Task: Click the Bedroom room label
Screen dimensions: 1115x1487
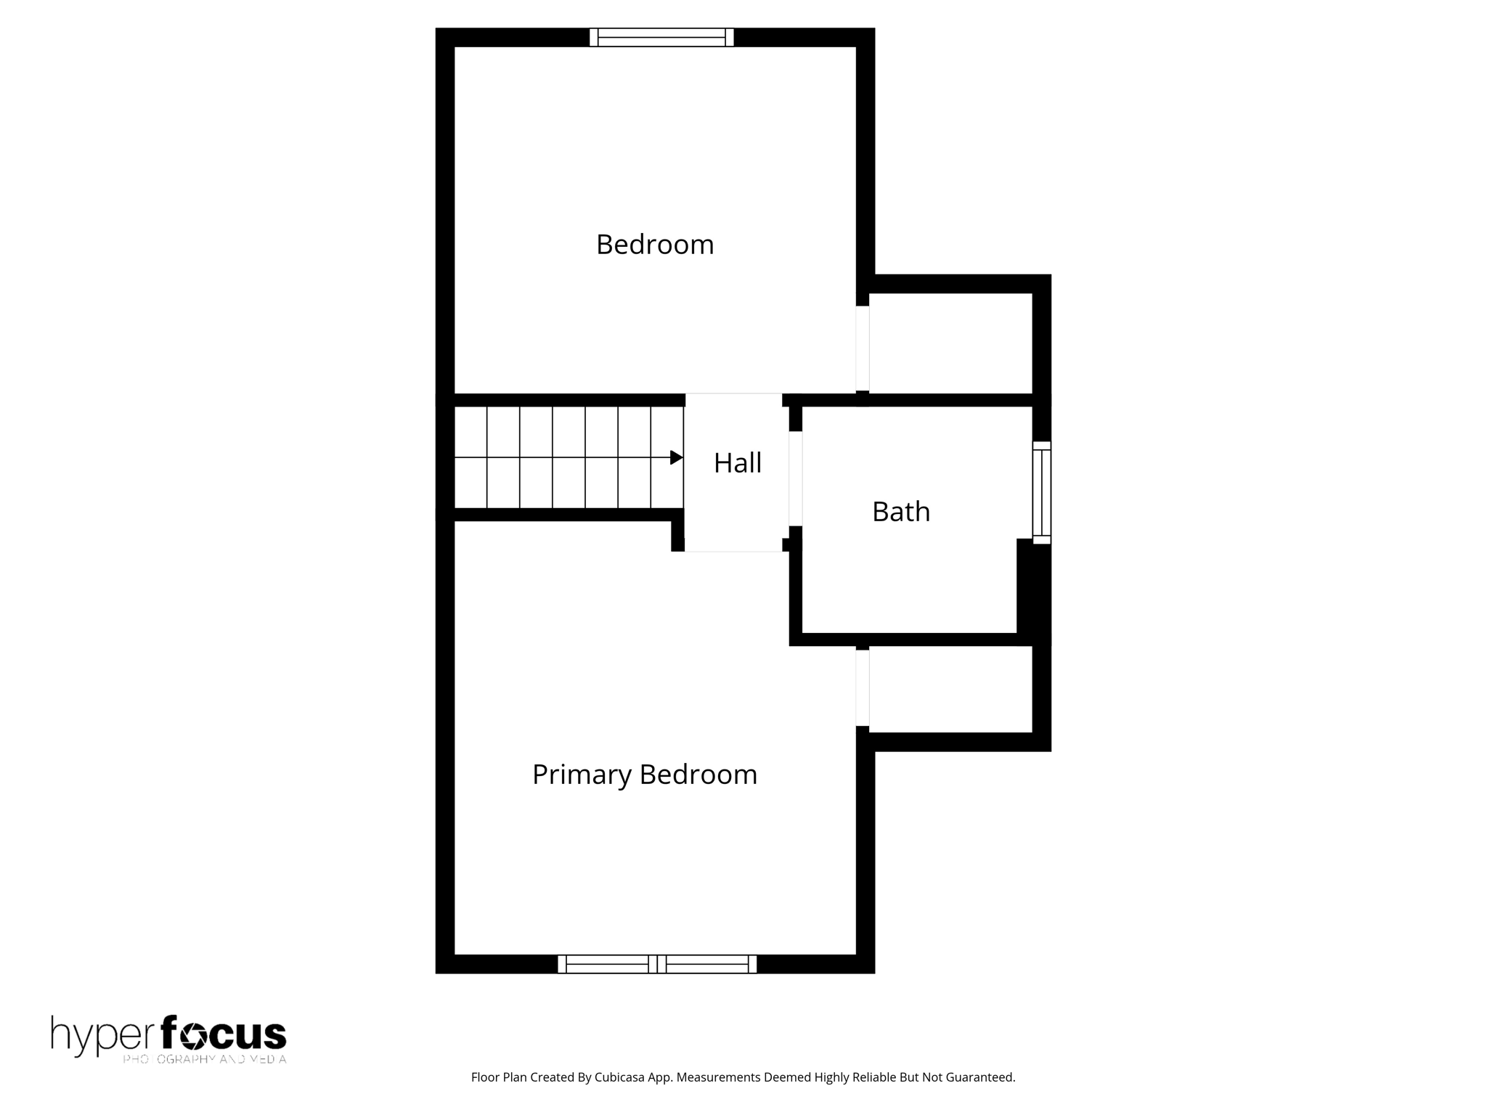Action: [x=655, y=245]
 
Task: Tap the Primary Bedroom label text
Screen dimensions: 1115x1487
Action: [x=645, y=775]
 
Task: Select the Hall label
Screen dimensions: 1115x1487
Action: [x=738, y=463]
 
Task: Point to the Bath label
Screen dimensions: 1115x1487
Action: [x=901, y=512]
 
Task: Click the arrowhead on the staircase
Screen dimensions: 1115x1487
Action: [x=676, y=457]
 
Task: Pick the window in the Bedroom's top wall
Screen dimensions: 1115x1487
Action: [x=661, y=37]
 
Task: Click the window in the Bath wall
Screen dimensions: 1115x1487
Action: [x=1042, y=492]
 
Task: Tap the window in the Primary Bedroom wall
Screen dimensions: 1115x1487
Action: [x=657, y=964]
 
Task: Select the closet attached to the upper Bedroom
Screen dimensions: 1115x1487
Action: [x=950, y=343]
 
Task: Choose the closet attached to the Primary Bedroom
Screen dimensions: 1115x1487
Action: [x=950, y=689]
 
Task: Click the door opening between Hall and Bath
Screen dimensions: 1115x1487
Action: [x=796, y=478]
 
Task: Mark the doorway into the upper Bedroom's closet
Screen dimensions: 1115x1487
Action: [x=863, y=348]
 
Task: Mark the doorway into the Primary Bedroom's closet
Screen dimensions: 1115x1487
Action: [x=863, y=687]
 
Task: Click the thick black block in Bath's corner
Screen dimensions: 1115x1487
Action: [x=1032, y=588]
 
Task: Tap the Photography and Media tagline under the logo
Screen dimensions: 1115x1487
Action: [x=205, y=1059]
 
